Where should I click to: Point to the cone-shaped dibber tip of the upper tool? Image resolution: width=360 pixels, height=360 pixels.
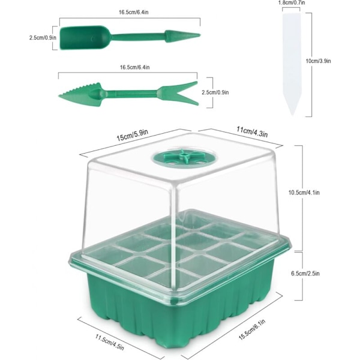[182, 36]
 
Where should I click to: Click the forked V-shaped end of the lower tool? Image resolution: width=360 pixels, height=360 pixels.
[178, 93]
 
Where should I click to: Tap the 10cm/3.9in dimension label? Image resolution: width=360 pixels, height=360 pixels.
[318, 61]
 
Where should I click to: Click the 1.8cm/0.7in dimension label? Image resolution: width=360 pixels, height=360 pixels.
[292, 3]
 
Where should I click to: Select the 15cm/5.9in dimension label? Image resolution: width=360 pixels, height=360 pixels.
[133, 135]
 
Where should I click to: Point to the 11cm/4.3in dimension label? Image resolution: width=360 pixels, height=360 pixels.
[252, 131]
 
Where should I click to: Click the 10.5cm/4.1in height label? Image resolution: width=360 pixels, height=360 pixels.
[304, 193]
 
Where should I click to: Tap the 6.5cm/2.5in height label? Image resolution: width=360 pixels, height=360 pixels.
[305, 274]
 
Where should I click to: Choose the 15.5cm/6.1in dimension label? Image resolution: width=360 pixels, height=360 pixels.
[252, 329]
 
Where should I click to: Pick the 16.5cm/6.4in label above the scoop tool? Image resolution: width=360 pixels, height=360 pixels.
[133, 12]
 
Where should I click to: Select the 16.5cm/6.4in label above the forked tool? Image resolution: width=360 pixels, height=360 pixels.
[135, 67]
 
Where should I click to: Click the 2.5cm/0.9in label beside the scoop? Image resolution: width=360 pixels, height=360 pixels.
[43, 37]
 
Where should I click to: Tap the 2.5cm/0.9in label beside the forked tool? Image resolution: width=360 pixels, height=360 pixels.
[215, 92]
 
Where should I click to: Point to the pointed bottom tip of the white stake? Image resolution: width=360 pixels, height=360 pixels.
[292, 115]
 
